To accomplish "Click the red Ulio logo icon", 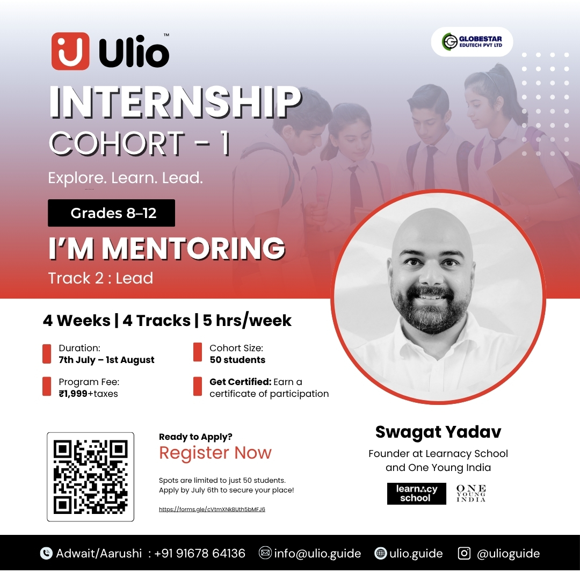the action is pos(70,51).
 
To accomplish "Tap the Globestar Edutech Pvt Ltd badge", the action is pos(472,41).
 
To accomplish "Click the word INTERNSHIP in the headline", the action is pos(175,102).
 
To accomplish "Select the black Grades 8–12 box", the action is pos(111,213).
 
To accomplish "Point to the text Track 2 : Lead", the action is pos(100,278).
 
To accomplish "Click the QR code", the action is pos(90,477).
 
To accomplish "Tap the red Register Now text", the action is pos(215,452).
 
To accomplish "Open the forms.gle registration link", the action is pos(212,509).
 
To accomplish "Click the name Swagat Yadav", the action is pos(438,432).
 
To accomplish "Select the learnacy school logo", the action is pos(417,494).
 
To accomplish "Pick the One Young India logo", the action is pos(471,494).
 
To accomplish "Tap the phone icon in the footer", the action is pos(46,553).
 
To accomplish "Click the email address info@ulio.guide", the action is pos(317,553).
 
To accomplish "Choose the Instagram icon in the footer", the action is pos(464,553).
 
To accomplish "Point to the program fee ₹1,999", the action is pos(73,394).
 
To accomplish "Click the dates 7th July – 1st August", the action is pos(106,360).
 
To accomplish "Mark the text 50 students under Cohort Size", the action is pos(237,360).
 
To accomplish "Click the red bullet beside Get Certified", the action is pos(198,387).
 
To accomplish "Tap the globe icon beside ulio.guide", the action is pos(380,553).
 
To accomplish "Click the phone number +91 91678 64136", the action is pos(200,553).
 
